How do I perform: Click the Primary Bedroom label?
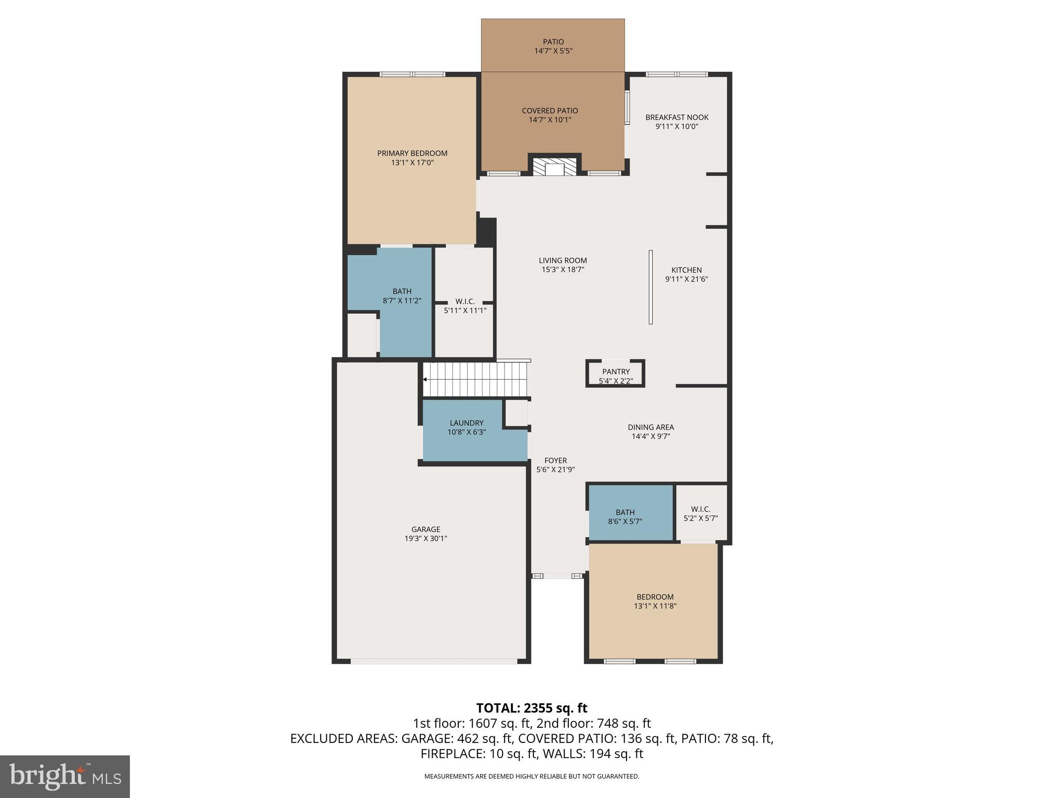coord(412,153)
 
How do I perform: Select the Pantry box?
coord(616,374)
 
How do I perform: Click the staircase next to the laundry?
coord(475,380)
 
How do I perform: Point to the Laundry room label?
coord(467,423)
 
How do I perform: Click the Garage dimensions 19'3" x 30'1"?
coord(425,539)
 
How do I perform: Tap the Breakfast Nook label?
coord(676,117)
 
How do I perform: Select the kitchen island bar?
coord(650,287)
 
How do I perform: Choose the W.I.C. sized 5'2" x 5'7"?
coord(700,514)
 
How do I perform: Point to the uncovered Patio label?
coord(553,42)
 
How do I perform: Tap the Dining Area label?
coord(650,428)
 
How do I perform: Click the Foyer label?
coord(555,461)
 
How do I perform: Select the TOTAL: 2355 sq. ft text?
coord(531,708)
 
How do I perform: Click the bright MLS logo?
coord(64,776)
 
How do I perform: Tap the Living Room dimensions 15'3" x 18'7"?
coord(563,270)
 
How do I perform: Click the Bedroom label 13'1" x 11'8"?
coord(655,597)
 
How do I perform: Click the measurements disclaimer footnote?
coord(531,776)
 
